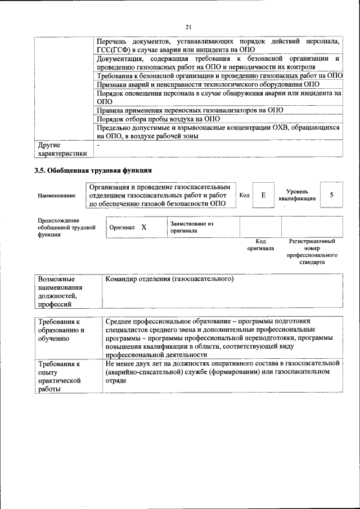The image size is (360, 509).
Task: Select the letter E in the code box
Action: [x=263, y=195]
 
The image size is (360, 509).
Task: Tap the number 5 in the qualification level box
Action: [x=332, y=195]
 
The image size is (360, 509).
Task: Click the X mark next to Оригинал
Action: [x=143, y=227]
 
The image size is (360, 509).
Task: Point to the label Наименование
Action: [x=56, y=195]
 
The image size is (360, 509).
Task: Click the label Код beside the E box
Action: [x=244, y=195]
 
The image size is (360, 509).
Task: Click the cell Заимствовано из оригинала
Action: [x=192, y=227]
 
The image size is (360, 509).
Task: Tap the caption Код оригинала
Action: [x=260, y=245]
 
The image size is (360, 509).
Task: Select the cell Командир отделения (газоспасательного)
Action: [x=169, y=279]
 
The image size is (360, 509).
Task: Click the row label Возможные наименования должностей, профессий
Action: [x=60, y=291]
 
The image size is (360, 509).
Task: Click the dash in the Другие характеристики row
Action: [x=99, y=145]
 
